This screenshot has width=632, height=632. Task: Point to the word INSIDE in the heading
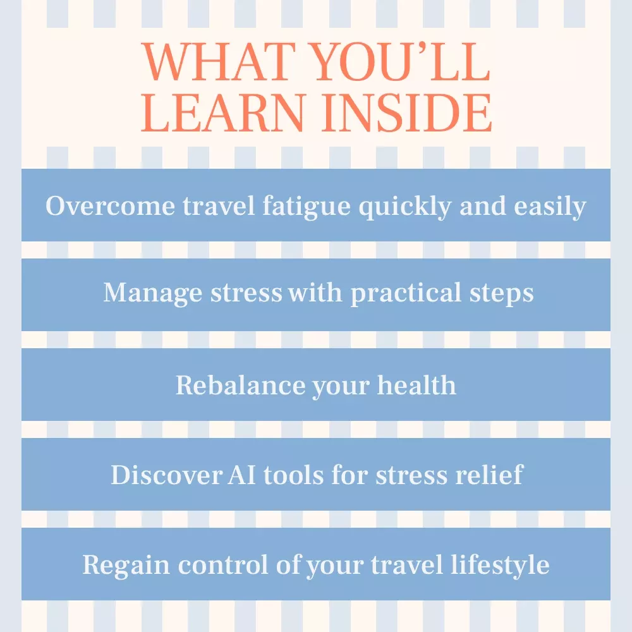407,113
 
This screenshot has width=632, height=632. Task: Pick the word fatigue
307,207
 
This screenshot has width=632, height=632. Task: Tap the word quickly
405,207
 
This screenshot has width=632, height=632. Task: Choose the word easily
550,207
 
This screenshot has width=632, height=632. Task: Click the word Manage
152,293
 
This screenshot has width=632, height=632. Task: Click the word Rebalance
240,385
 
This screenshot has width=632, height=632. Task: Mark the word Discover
166,475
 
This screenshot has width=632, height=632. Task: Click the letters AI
242,475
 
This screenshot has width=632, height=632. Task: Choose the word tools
293,475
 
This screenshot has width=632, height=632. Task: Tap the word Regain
126,565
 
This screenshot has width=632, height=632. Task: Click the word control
223,564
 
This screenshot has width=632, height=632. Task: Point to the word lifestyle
500,565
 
